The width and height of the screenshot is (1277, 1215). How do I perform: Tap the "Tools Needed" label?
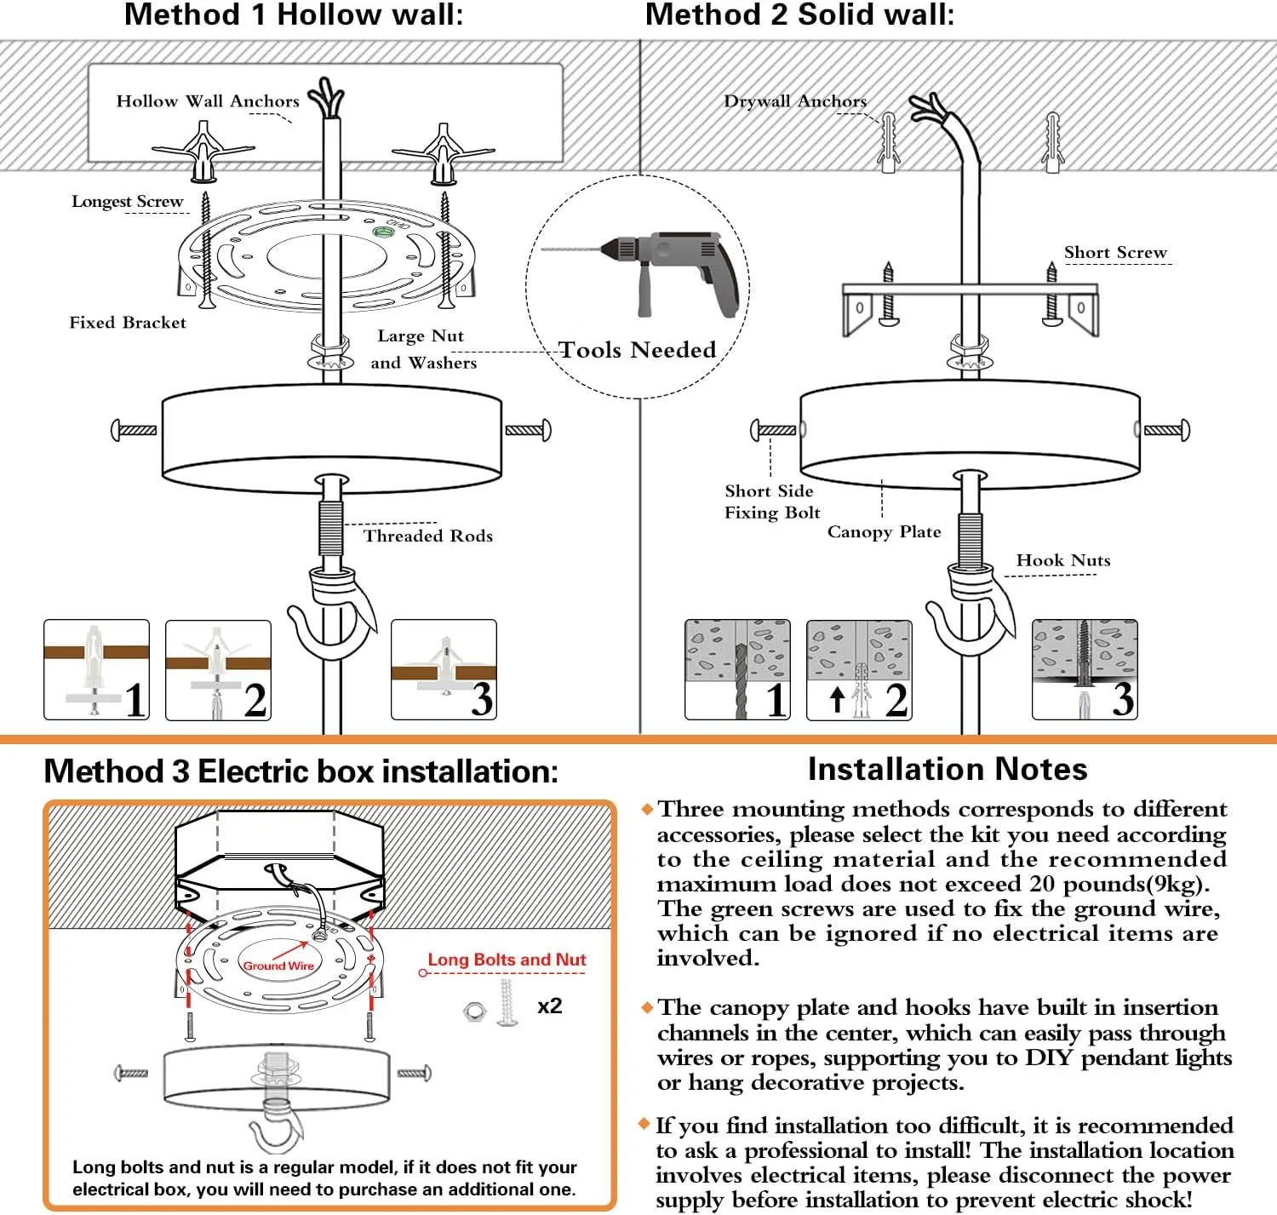tap(637, 350)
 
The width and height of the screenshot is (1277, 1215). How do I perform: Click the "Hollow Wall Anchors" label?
tap(208, 101)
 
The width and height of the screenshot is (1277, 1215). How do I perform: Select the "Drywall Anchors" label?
tap(795, 101)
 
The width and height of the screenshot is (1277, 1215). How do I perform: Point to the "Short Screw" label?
tap(1115, 253)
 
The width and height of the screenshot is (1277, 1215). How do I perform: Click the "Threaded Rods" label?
tap(428, 536)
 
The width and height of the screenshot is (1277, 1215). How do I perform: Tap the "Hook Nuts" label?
tap(1063, 560)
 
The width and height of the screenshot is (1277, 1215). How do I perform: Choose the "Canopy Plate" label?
tap(884, 532)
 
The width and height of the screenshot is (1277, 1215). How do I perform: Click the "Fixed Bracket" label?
tap(128, 323)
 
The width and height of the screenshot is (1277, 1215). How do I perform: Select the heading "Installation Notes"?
tap(948, 770)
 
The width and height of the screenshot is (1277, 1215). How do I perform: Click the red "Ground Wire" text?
tap(278, 966)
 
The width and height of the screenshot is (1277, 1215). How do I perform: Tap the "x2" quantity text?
tap(550, 1006)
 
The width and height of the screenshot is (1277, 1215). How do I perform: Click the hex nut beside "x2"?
tap(474, 1012)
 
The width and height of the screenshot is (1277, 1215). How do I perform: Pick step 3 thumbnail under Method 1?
tap(444, 670)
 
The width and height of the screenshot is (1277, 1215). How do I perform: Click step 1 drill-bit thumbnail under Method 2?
tap(737, 670)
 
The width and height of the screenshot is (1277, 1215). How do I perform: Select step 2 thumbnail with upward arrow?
tap(859, 670)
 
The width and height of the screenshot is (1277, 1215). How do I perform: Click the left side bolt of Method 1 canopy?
tap(135, 430)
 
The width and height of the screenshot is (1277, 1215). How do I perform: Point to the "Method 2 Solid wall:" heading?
tap(799, 14)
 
